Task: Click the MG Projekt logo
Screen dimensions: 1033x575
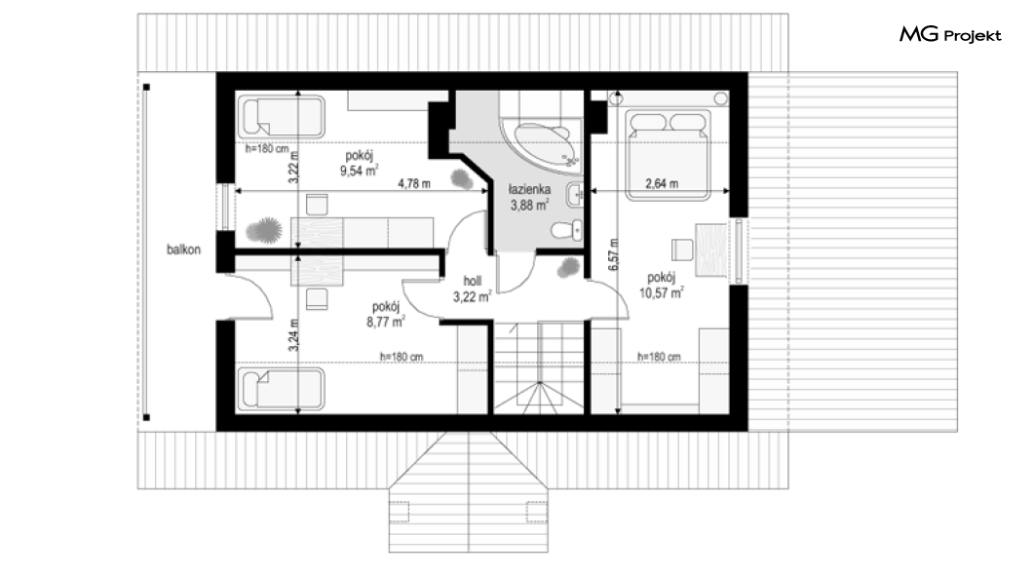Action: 950,35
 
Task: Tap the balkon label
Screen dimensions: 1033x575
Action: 183,249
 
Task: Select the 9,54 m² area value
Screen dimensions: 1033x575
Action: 359,172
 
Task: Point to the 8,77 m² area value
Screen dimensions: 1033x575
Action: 386,322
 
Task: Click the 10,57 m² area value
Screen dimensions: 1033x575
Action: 662,292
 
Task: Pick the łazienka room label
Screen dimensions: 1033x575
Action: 530,190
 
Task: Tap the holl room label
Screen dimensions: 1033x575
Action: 473,282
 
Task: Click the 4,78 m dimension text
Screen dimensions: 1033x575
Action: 414,184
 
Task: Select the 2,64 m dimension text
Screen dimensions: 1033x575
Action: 662,184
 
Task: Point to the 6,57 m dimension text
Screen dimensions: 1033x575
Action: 613,254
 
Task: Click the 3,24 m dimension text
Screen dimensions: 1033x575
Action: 294,335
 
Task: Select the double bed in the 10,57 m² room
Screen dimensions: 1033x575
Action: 668,155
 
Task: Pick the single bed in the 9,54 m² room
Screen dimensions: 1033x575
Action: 282,117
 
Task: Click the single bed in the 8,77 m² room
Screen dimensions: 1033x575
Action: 282,388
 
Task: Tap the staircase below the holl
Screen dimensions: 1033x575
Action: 539,367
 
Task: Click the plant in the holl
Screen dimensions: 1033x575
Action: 568,268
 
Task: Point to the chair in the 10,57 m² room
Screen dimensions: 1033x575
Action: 682,249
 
